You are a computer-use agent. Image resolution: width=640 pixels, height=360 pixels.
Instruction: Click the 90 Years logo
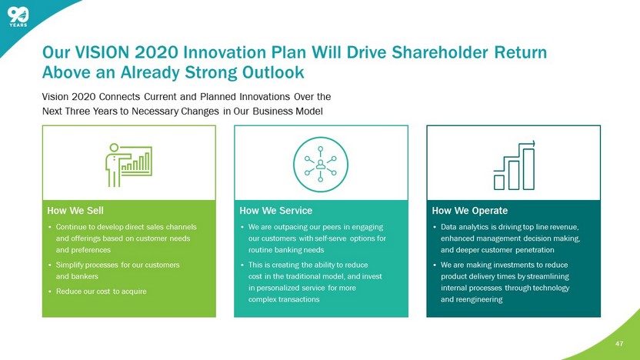coord(18,17)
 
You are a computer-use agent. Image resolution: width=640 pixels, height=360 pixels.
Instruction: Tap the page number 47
coord(619,344)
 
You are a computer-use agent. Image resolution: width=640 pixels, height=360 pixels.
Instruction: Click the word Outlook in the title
coord(273,72)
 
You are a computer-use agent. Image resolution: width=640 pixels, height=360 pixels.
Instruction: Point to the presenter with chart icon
coord(128,165)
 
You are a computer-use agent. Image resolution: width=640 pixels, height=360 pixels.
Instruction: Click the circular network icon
coord(321,165)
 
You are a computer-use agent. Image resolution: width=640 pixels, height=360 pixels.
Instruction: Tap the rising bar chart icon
coord(514,165)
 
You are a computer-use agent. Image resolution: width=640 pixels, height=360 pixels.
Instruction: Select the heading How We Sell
coord(75,211)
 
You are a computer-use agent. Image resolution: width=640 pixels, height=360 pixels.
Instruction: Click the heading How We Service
coord(275,211)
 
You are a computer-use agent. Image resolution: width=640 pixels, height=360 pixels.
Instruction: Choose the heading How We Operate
coord(470,211)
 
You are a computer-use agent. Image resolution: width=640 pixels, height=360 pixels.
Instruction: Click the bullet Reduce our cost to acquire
coord(102,292)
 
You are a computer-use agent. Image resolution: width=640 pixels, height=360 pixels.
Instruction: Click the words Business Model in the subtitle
coord(288,111)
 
